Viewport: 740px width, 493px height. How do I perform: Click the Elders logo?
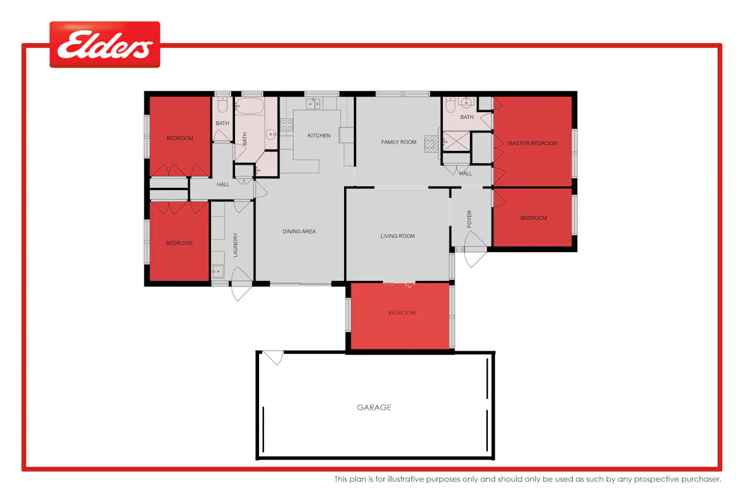[x=105, y=44]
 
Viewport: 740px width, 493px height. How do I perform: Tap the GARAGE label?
[x=374, y=407]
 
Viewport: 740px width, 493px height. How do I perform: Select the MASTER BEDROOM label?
[x=532, y=144]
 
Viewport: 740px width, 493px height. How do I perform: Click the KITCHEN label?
[x=319, y=136]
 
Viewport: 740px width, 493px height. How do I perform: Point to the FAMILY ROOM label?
[x=398, y=142]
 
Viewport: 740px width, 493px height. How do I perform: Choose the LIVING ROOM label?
[x=397, y=236]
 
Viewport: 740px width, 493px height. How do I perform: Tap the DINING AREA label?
[x=299, y=232]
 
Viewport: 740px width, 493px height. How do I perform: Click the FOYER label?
[x=469, y=219]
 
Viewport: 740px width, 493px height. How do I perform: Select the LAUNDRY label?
[x=235, y=245]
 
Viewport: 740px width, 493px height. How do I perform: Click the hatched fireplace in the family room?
[x=431, y=144]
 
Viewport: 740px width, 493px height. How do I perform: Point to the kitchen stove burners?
[x=286, y=125]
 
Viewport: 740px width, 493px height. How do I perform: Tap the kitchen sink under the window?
[x=313, y=104]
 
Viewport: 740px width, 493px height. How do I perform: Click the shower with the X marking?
[x=456, y=141]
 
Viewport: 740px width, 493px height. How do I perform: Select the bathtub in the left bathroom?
[x=249, y=105]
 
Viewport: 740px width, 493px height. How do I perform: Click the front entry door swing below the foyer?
[x=475, y=250]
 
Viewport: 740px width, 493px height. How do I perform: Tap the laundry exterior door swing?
[x=241, y=283]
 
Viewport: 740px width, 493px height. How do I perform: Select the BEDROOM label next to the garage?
[x=401, y=312]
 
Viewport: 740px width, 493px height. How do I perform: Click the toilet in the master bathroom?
[x=450, y=104]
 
